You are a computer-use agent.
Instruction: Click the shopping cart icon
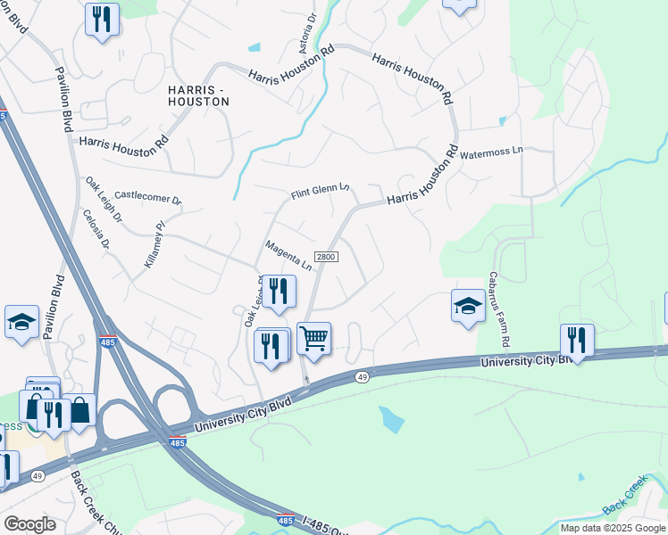coord(313,338)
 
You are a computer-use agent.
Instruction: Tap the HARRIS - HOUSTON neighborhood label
coord(198,95)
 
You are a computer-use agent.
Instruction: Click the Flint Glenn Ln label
coord(320,192)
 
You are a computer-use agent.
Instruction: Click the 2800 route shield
coord(328,257)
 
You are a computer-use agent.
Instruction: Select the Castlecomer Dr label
coord(147,196)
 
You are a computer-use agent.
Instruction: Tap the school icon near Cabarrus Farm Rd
coord(468,306)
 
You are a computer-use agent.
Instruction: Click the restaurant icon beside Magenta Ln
coord(279,292)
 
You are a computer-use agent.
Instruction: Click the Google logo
coord(29,524)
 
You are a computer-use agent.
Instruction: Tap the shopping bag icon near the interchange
coord(79,410)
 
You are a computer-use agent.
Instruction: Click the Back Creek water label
coord(626,504)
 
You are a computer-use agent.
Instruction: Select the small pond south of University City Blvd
coord(391,419)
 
